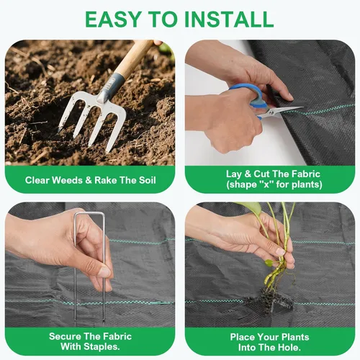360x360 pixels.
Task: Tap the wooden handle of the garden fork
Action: pyautogui.click(x=134, y=58)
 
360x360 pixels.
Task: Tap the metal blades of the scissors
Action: pyautogui.click(x=283, y=112)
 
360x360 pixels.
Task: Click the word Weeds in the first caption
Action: pyautogui.click(x=67, y=180)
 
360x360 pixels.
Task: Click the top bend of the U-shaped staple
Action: pyautogui.click(x=89, y=213)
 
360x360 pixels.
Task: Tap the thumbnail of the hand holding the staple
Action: pyautogui.click(x=105, y=271)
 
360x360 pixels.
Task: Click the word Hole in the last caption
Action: pyautogui.click(x=289, y=347)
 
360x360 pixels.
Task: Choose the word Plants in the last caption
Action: pyautogui.click(x=295, y=337)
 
